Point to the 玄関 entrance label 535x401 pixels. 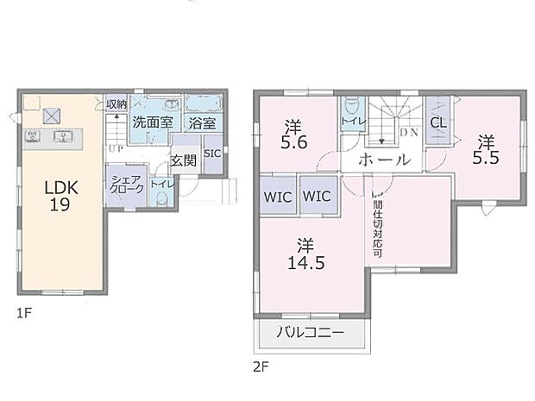(x=182, y=160)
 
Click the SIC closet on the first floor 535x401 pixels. (x=212, y=154)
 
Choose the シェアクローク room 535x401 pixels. (x=121, y=187)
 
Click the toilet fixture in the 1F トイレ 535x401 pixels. (x=160, y=198)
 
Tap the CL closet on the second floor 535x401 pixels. (x=437, y=122)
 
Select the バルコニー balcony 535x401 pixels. (x=310, y=333)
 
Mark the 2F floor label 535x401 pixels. (x=261, y=366)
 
